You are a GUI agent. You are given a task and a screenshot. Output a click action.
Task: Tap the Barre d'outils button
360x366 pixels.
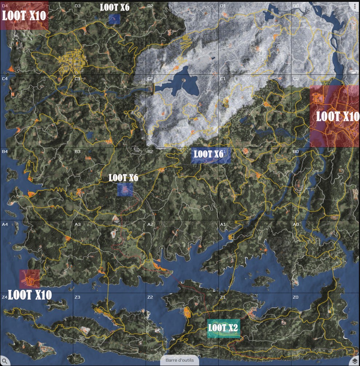179,360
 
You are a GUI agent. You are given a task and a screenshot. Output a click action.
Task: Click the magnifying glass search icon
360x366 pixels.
5,361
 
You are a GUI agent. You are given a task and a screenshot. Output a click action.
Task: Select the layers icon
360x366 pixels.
355,361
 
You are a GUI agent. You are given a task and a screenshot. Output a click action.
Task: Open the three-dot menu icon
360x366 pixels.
355,6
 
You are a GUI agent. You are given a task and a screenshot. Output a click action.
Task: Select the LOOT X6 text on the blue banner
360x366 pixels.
208,154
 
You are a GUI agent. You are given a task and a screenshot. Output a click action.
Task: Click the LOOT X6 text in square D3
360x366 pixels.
115,7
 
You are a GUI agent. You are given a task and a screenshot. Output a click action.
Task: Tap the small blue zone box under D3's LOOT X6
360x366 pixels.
114,19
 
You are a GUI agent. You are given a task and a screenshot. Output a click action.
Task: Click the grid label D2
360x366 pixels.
150,6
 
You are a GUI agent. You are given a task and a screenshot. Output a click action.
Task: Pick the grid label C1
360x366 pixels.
223,79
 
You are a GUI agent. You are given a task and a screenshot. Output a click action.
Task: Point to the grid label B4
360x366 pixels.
5,151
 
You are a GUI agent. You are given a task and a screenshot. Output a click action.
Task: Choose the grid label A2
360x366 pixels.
150,224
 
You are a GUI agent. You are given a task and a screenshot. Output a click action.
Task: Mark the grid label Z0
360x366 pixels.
296,298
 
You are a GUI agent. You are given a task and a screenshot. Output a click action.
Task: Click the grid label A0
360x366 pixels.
296,224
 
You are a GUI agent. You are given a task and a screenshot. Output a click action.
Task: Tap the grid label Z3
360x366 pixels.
77,298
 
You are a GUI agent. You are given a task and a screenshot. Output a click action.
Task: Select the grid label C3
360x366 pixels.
77,79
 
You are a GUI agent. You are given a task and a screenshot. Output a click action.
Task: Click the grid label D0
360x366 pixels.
296,6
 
